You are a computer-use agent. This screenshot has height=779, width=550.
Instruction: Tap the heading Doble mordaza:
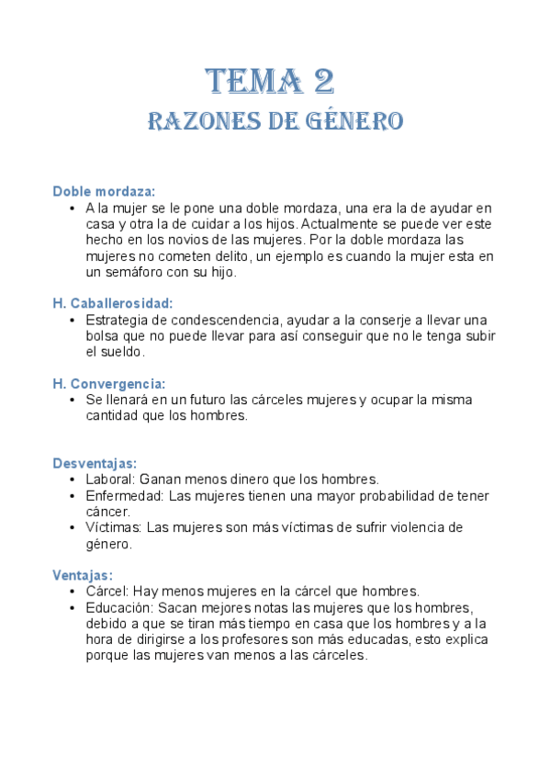pyautogui.click(x=104, y=191)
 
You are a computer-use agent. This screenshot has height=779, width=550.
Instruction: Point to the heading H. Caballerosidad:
pyautogui.click(x=113, y=302)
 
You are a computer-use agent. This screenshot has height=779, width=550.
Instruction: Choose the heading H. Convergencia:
pyautogui.click(x=109, y=383)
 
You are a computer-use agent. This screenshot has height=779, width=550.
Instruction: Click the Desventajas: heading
pyautogui.click(x=95, y=463)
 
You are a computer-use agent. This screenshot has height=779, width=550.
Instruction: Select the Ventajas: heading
pyautogui.click(x=83, y=575)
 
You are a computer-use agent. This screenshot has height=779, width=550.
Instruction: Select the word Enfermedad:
pyautogui.click(x=125, y=496)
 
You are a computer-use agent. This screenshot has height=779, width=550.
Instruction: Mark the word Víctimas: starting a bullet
pyautogui.click(x=114, y=527)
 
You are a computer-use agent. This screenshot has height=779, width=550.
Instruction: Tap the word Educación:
pyautogui.click(x=119, y=607)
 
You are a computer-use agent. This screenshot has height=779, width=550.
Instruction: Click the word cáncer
pyautogui.click(x=107, y=512)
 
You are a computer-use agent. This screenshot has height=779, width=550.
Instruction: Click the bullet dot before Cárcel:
pyautogui.click(x=73, y=592)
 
